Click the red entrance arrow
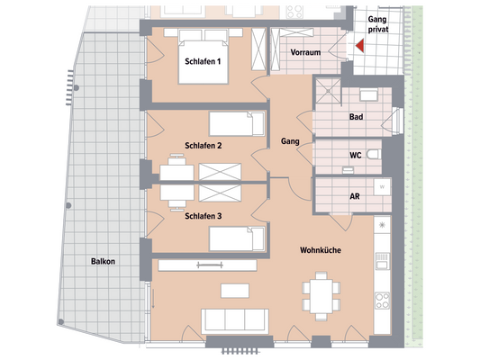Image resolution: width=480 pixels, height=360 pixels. click(x=358, y=46)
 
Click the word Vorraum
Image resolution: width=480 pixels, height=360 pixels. click(x=306, y=53)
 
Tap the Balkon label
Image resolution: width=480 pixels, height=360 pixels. click(x=104, y=261)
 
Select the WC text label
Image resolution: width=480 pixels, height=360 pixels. click(x=355, y=155)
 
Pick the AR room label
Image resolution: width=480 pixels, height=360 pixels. click(x=355, y=195)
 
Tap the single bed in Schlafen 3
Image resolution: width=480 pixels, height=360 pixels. click(x=237, y=238)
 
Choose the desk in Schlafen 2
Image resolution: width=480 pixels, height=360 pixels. click(x=176, y=166)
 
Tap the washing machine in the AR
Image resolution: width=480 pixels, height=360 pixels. click(x=382, y=187)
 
